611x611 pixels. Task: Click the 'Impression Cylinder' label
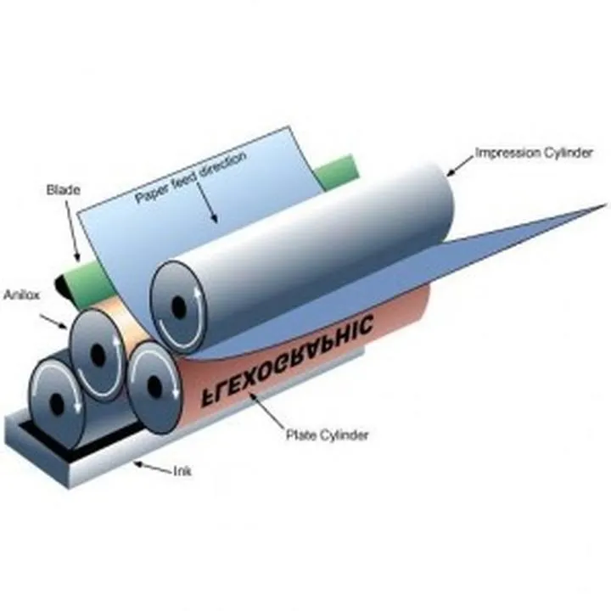tap(532, 153)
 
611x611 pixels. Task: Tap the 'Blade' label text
tap(63, 191)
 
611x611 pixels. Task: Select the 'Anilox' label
tap(20, 295)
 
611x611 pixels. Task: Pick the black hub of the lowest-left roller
tap(56, 401)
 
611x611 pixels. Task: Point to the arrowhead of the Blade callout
tap(78, 258)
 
